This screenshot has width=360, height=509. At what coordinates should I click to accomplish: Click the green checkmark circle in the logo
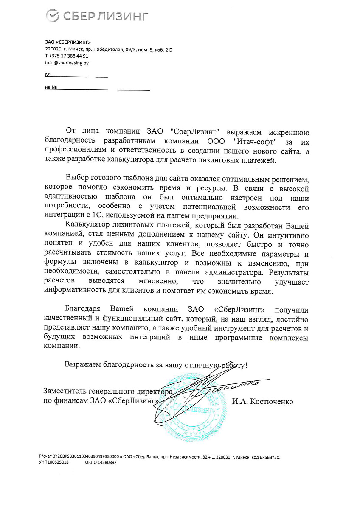52,16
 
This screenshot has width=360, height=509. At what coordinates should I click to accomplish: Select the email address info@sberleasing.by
67,63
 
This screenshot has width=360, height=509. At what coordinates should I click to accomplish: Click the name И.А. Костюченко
262,401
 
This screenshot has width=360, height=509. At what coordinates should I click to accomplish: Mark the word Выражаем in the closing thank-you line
82,364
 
